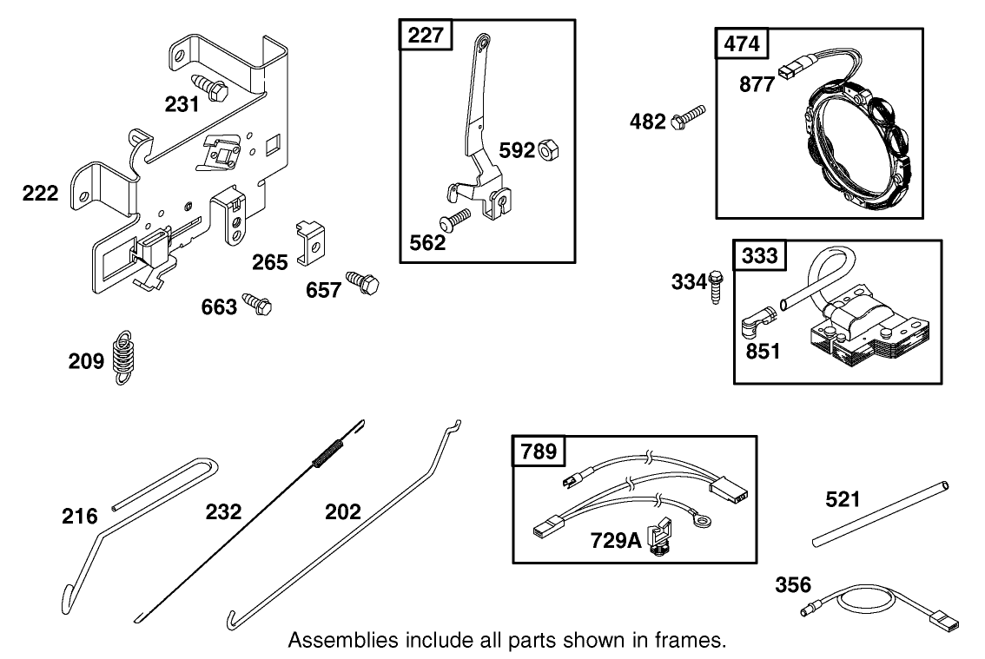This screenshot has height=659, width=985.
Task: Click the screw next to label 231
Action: tap(212, 87)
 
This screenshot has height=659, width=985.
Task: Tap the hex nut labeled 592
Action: tap(549, 150)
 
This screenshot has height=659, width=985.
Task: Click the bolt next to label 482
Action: tap(689, 117)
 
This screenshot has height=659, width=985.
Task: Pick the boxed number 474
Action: tap(741, 44)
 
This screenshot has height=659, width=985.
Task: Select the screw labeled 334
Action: tap(716, 284)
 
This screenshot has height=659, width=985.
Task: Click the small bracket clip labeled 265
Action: tap(311, 242)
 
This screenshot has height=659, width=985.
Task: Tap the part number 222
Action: tap(41, 193)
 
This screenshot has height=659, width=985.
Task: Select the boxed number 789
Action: tap(539, 451)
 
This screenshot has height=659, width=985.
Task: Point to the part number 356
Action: tap(793, 584)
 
